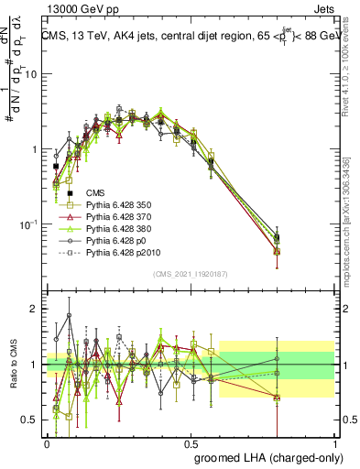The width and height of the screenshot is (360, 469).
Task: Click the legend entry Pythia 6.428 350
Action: pyautogui.click(x=116, y=205)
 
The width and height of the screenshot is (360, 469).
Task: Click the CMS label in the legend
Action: pyautogui.click(x=94, y=192)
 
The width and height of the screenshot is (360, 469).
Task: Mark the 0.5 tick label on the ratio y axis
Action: pyautogui.click(x=31, y=421)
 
